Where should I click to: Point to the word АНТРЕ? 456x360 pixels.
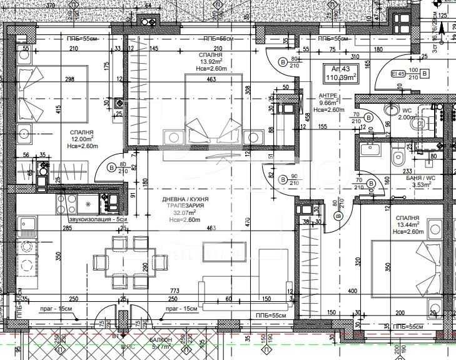coord(328,96)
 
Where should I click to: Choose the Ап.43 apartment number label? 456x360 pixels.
coord(332,69)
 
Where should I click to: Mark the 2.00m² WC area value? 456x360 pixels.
coord(406,117)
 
